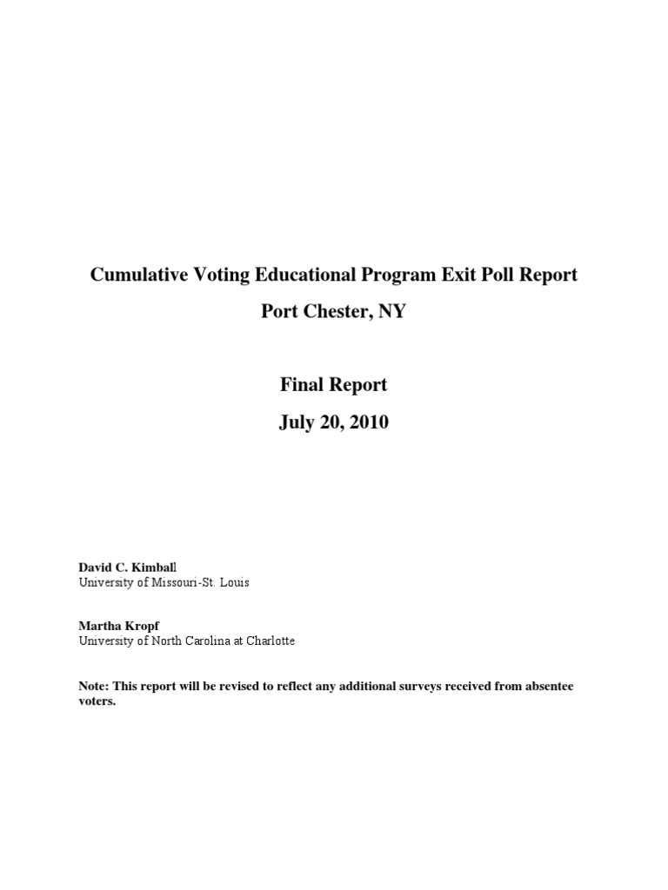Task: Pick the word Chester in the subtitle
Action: pos(333,310)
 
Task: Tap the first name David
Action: pos(95,567)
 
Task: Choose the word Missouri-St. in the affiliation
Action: pos(184,582)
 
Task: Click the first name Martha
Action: pos(97,626)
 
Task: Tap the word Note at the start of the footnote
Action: pos(92,687)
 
